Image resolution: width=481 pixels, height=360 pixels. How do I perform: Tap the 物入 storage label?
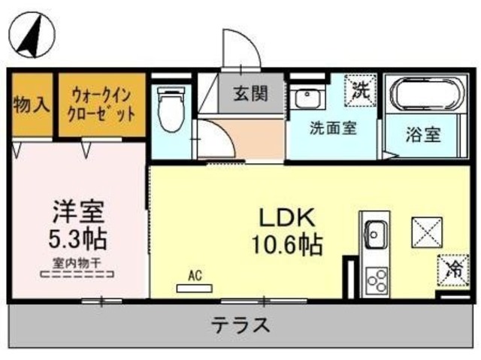tap(31, 104)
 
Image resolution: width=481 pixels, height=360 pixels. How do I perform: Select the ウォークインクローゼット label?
tap(104, 104)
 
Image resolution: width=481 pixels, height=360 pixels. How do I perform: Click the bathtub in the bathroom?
tap(423, 95)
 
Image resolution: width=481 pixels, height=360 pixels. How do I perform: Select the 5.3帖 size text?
tap(77, 239)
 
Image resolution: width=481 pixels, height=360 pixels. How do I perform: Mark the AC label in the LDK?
tap(195, 276)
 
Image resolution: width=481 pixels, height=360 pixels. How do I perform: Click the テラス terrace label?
tap(240, 325)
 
